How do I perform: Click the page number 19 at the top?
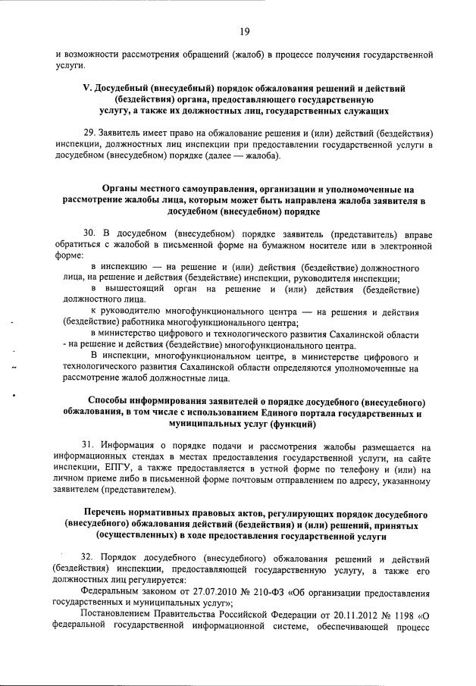click(245, 31)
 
